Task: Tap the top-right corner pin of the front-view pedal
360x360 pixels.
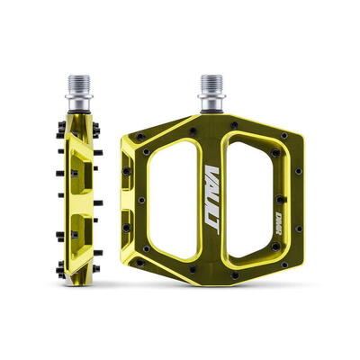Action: (283, 136)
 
